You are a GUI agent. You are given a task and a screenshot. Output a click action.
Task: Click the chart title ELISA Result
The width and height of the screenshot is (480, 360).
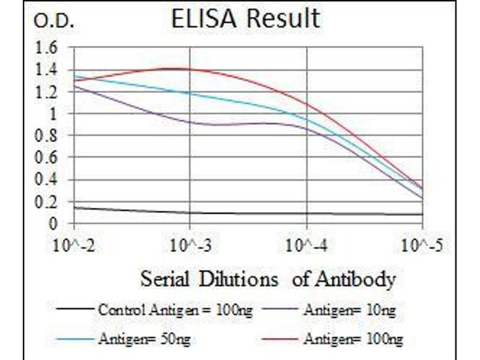[245, 19]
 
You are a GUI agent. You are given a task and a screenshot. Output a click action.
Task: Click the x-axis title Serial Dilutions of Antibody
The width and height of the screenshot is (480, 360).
[268, 279]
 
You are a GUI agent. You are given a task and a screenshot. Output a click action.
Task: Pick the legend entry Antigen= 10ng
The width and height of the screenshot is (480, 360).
[349, 310]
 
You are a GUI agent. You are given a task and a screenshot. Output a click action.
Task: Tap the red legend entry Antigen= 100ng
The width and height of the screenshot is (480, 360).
[353, 339]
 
